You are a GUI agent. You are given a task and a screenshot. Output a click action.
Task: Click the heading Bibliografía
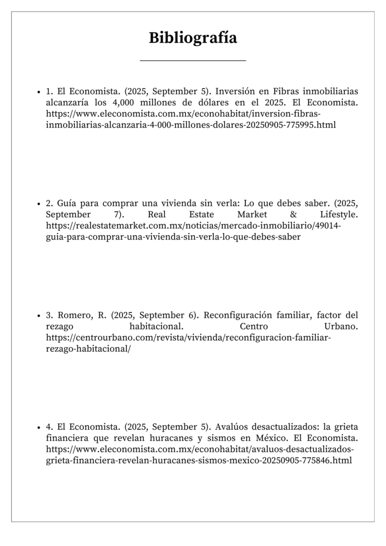pos(192,38)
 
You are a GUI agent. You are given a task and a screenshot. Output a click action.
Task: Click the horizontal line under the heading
pos(192,61)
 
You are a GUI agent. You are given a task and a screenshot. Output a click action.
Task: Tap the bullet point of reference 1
pos(39,91)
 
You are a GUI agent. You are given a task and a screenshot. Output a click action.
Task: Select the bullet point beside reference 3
pos(39,316)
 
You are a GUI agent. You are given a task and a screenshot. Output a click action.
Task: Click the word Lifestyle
pos(339,214)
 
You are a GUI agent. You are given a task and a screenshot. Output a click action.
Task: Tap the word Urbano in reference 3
pos(341,326)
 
